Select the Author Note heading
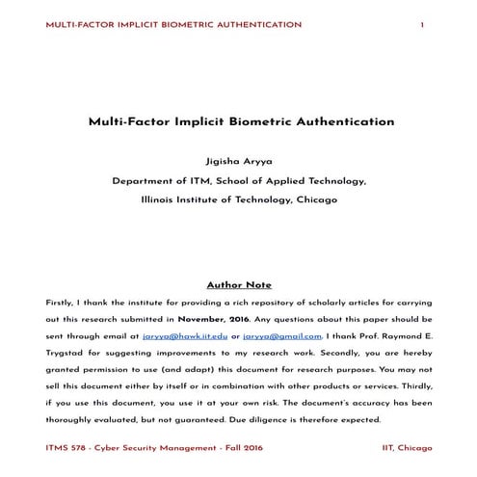(239, 285)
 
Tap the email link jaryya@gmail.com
(281, 335)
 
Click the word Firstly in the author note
(61, 302)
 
